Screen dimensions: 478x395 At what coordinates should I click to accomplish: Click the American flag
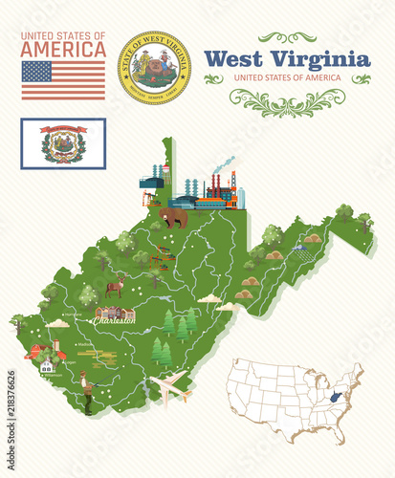click(63, 80)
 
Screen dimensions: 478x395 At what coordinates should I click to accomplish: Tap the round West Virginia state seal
click(154, 67)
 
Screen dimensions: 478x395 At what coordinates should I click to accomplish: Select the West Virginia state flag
click(63, 143)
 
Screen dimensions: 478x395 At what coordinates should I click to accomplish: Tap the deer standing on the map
click(116, 286)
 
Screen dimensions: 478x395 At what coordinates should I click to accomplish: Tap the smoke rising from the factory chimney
click(224, 164)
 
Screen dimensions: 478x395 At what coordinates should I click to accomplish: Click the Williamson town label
click(55, 376)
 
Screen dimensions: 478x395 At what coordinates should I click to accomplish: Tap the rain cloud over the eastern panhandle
click(301, 250)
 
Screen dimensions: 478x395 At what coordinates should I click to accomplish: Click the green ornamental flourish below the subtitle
click(287, 99)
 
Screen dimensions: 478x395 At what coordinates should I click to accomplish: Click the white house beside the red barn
click(47, 365)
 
